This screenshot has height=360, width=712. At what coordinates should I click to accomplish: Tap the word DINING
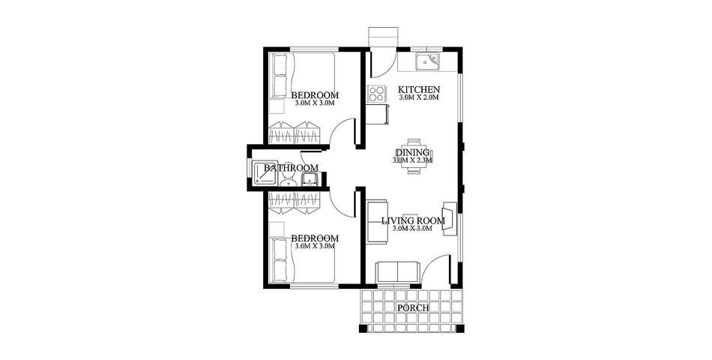pos(412,152)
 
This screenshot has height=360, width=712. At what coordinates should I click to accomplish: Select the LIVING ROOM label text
pos(413,220)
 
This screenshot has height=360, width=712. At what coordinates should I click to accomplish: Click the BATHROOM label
pos(291,168)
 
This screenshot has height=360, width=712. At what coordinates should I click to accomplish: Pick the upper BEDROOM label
pos(314,95)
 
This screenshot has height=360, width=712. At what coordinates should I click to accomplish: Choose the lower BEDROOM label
pos(314,238)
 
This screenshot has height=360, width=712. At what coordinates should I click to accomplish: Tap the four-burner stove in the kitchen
pos(375,94)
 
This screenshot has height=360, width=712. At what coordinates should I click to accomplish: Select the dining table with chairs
pos(413,156)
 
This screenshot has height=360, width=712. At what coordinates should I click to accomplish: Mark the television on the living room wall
pos(450,218)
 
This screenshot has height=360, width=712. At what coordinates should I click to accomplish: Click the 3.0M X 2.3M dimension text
pos(412,160)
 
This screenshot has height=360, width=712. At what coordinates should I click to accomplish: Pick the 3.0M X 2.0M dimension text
pos(418,98)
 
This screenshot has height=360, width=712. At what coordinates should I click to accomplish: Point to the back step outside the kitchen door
pos(383,38)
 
